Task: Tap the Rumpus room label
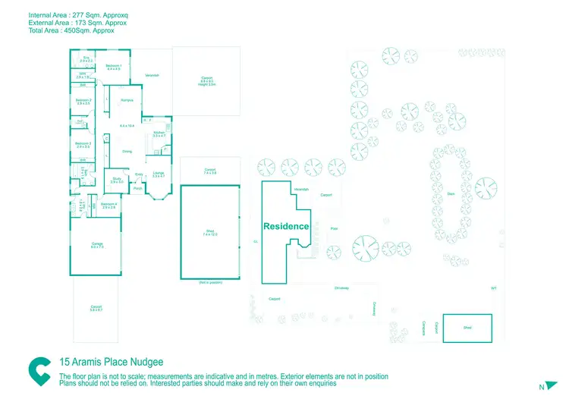click(x=127, y=100)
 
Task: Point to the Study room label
click(x=117, y=180)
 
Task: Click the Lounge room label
click(x=159, y=174)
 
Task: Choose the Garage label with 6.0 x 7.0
click(x=97, y=245)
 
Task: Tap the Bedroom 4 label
click(x=109, y=205)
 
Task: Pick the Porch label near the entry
click(x=138, y=188)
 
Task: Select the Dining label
click(x=127, y=152)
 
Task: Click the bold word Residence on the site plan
click(x=286, y=226)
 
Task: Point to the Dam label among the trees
click(x=451, y=193)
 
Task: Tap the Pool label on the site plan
click(x=334, y=228)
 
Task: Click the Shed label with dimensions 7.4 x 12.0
click(x=210, y=234)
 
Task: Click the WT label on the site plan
click(x=493, y=288)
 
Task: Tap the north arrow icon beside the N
click(x=553, y=386)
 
